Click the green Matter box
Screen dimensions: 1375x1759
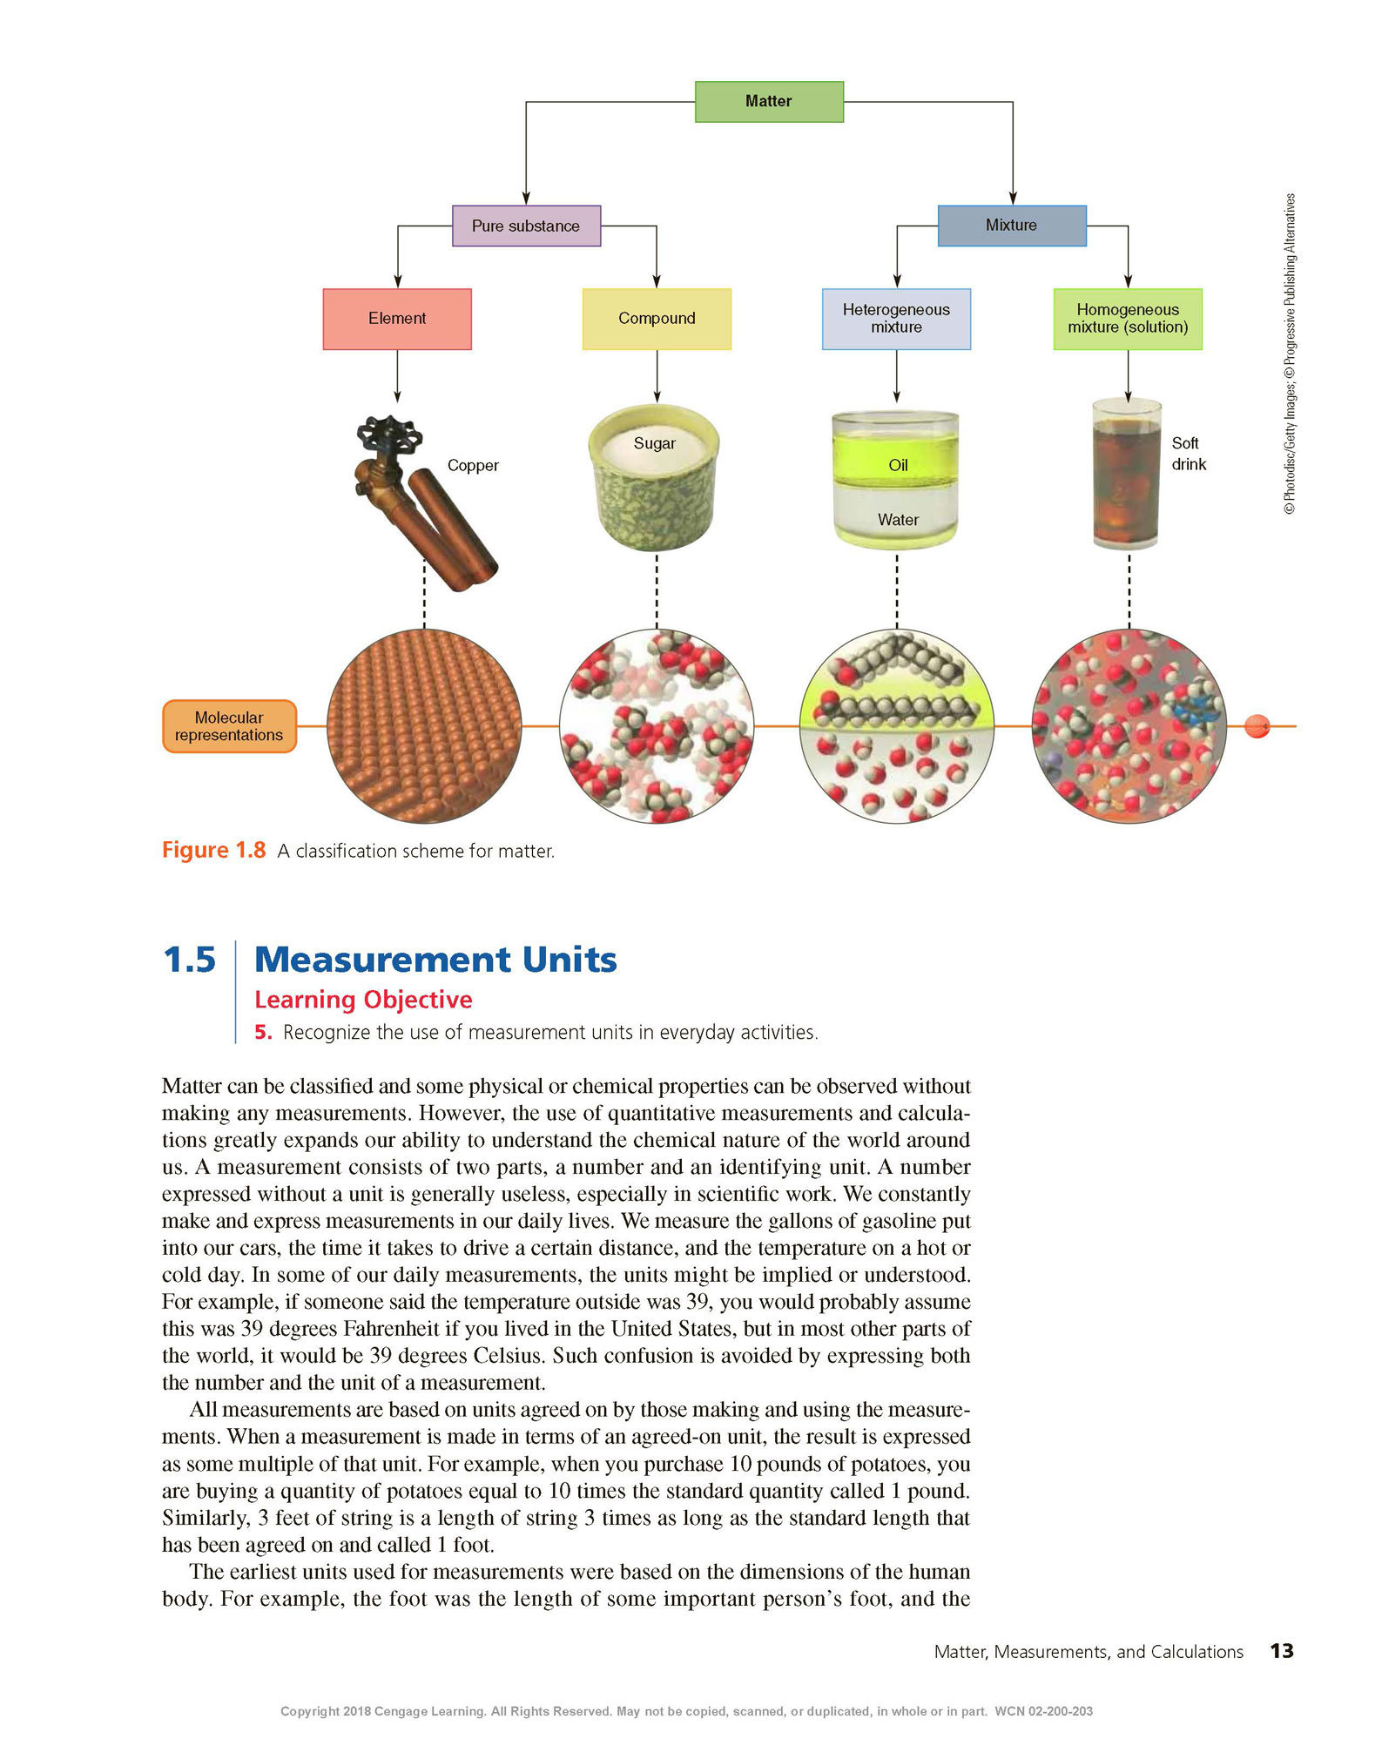point(769,102)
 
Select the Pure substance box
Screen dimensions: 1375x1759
point(526,226)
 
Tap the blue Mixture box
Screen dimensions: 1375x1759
point(1012,226)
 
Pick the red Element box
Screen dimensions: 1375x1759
point(397,319)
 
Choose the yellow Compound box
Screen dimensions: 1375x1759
point(657,319)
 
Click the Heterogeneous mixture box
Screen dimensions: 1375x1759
point(896,319)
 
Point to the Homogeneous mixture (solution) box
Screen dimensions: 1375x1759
point(1128,319)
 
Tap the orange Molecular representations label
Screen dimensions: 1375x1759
point(229,726)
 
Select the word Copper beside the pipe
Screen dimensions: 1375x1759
point(473,466)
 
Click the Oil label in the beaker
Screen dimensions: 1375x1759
point(898,466)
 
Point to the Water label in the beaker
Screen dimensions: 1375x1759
point(898,520)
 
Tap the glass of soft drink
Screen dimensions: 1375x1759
point(1127,474)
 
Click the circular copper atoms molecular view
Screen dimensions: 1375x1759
point(424,726)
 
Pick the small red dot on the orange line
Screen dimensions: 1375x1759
point(1257,725)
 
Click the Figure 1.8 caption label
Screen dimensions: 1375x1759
point(213,851)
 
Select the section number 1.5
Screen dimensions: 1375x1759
point(189,960)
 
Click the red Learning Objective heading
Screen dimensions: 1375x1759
point(363,1000)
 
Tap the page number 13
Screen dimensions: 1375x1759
point(1282,1651)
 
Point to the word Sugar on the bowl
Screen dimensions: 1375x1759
point(655,443)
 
